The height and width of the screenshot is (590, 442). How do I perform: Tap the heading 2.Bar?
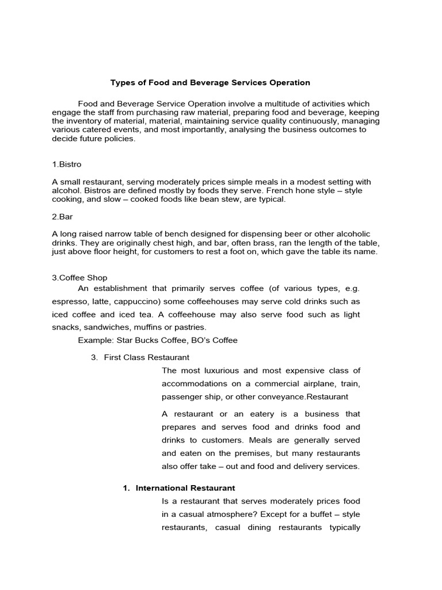tap(62, 217)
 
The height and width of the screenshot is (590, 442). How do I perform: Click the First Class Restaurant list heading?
tap(146, 357)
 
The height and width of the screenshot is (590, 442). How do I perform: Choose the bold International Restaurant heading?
tap(185, 487)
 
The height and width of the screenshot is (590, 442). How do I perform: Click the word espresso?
tap(70, 302)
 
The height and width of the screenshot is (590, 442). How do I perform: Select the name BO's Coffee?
tap(216, 340)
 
